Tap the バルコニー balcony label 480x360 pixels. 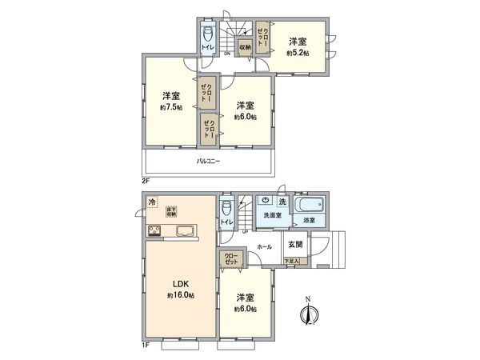(209, 162)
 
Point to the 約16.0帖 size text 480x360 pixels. (181, 295)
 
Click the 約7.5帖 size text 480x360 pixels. (171, 107)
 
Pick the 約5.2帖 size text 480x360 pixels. (298, 53)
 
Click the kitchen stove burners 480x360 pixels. (154, 233)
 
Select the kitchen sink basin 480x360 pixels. (185, 233)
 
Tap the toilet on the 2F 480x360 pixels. (208, 34)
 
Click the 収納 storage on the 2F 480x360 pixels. (245, 47)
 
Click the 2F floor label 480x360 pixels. (146, 182)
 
